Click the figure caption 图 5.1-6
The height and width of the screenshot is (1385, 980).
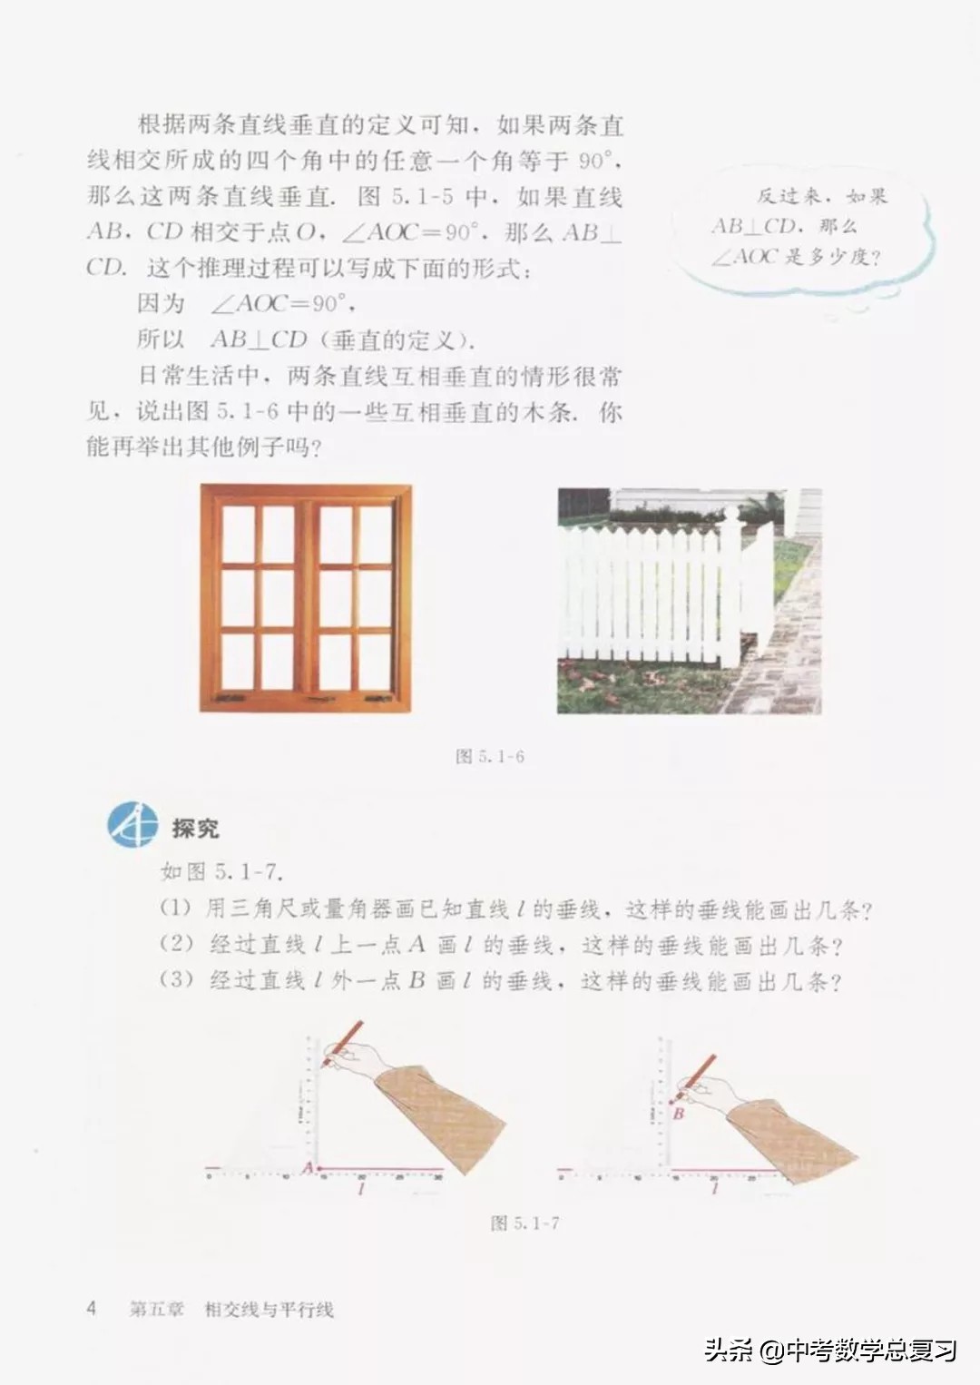(490, 756)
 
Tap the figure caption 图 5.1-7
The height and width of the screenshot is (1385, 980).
(524, 1223)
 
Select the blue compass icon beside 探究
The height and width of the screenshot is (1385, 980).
(132, 825)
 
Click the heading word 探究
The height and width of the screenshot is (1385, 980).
(195, 828)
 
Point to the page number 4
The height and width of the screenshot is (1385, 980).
(91, 1308)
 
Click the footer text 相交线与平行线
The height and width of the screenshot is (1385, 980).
(269, 1309)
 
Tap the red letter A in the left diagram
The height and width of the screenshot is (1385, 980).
(307, 1167)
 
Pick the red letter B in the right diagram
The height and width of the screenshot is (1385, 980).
(678, 1113)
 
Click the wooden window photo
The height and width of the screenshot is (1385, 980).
(306, 598)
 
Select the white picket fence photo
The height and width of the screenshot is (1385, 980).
(689, 600)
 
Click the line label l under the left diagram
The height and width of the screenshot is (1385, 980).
(362, 1189)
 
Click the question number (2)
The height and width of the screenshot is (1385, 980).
(177, 944)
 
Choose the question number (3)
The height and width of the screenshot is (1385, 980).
(177, 980)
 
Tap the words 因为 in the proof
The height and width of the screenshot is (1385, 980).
(161, 303)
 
